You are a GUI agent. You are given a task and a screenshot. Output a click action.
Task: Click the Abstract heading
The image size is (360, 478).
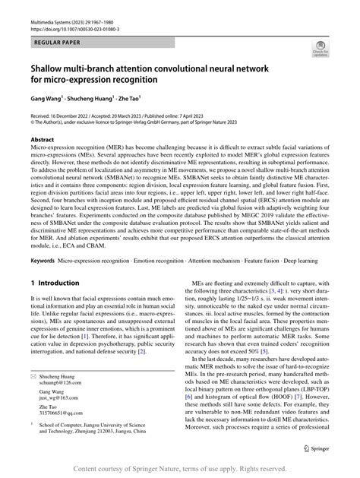(x=43, y=141)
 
